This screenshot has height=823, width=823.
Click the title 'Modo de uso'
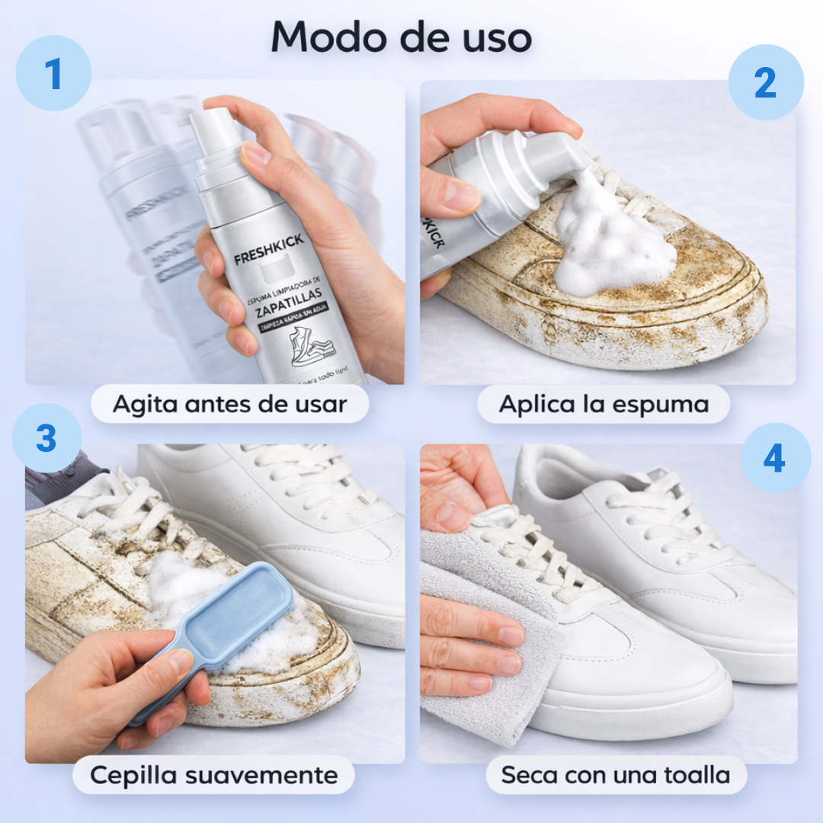pos(402,36)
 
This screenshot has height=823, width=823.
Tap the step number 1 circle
pos(53,73)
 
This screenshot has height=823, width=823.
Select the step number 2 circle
pos(765,82)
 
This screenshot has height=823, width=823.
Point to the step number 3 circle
pos(46,438)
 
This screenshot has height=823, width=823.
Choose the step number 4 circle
pos(774,459)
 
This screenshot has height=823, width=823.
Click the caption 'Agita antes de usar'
pos(229,405)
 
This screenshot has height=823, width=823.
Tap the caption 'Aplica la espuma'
pos(604,405)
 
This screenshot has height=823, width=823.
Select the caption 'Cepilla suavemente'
pos(213,775)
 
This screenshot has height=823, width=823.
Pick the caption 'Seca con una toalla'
pos(616,775)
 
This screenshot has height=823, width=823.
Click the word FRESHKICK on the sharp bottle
pos(268,249)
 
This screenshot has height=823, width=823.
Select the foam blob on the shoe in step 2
pos(610,240)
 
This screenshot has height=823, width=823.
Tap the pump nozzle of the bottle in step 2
pos(560,152)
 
